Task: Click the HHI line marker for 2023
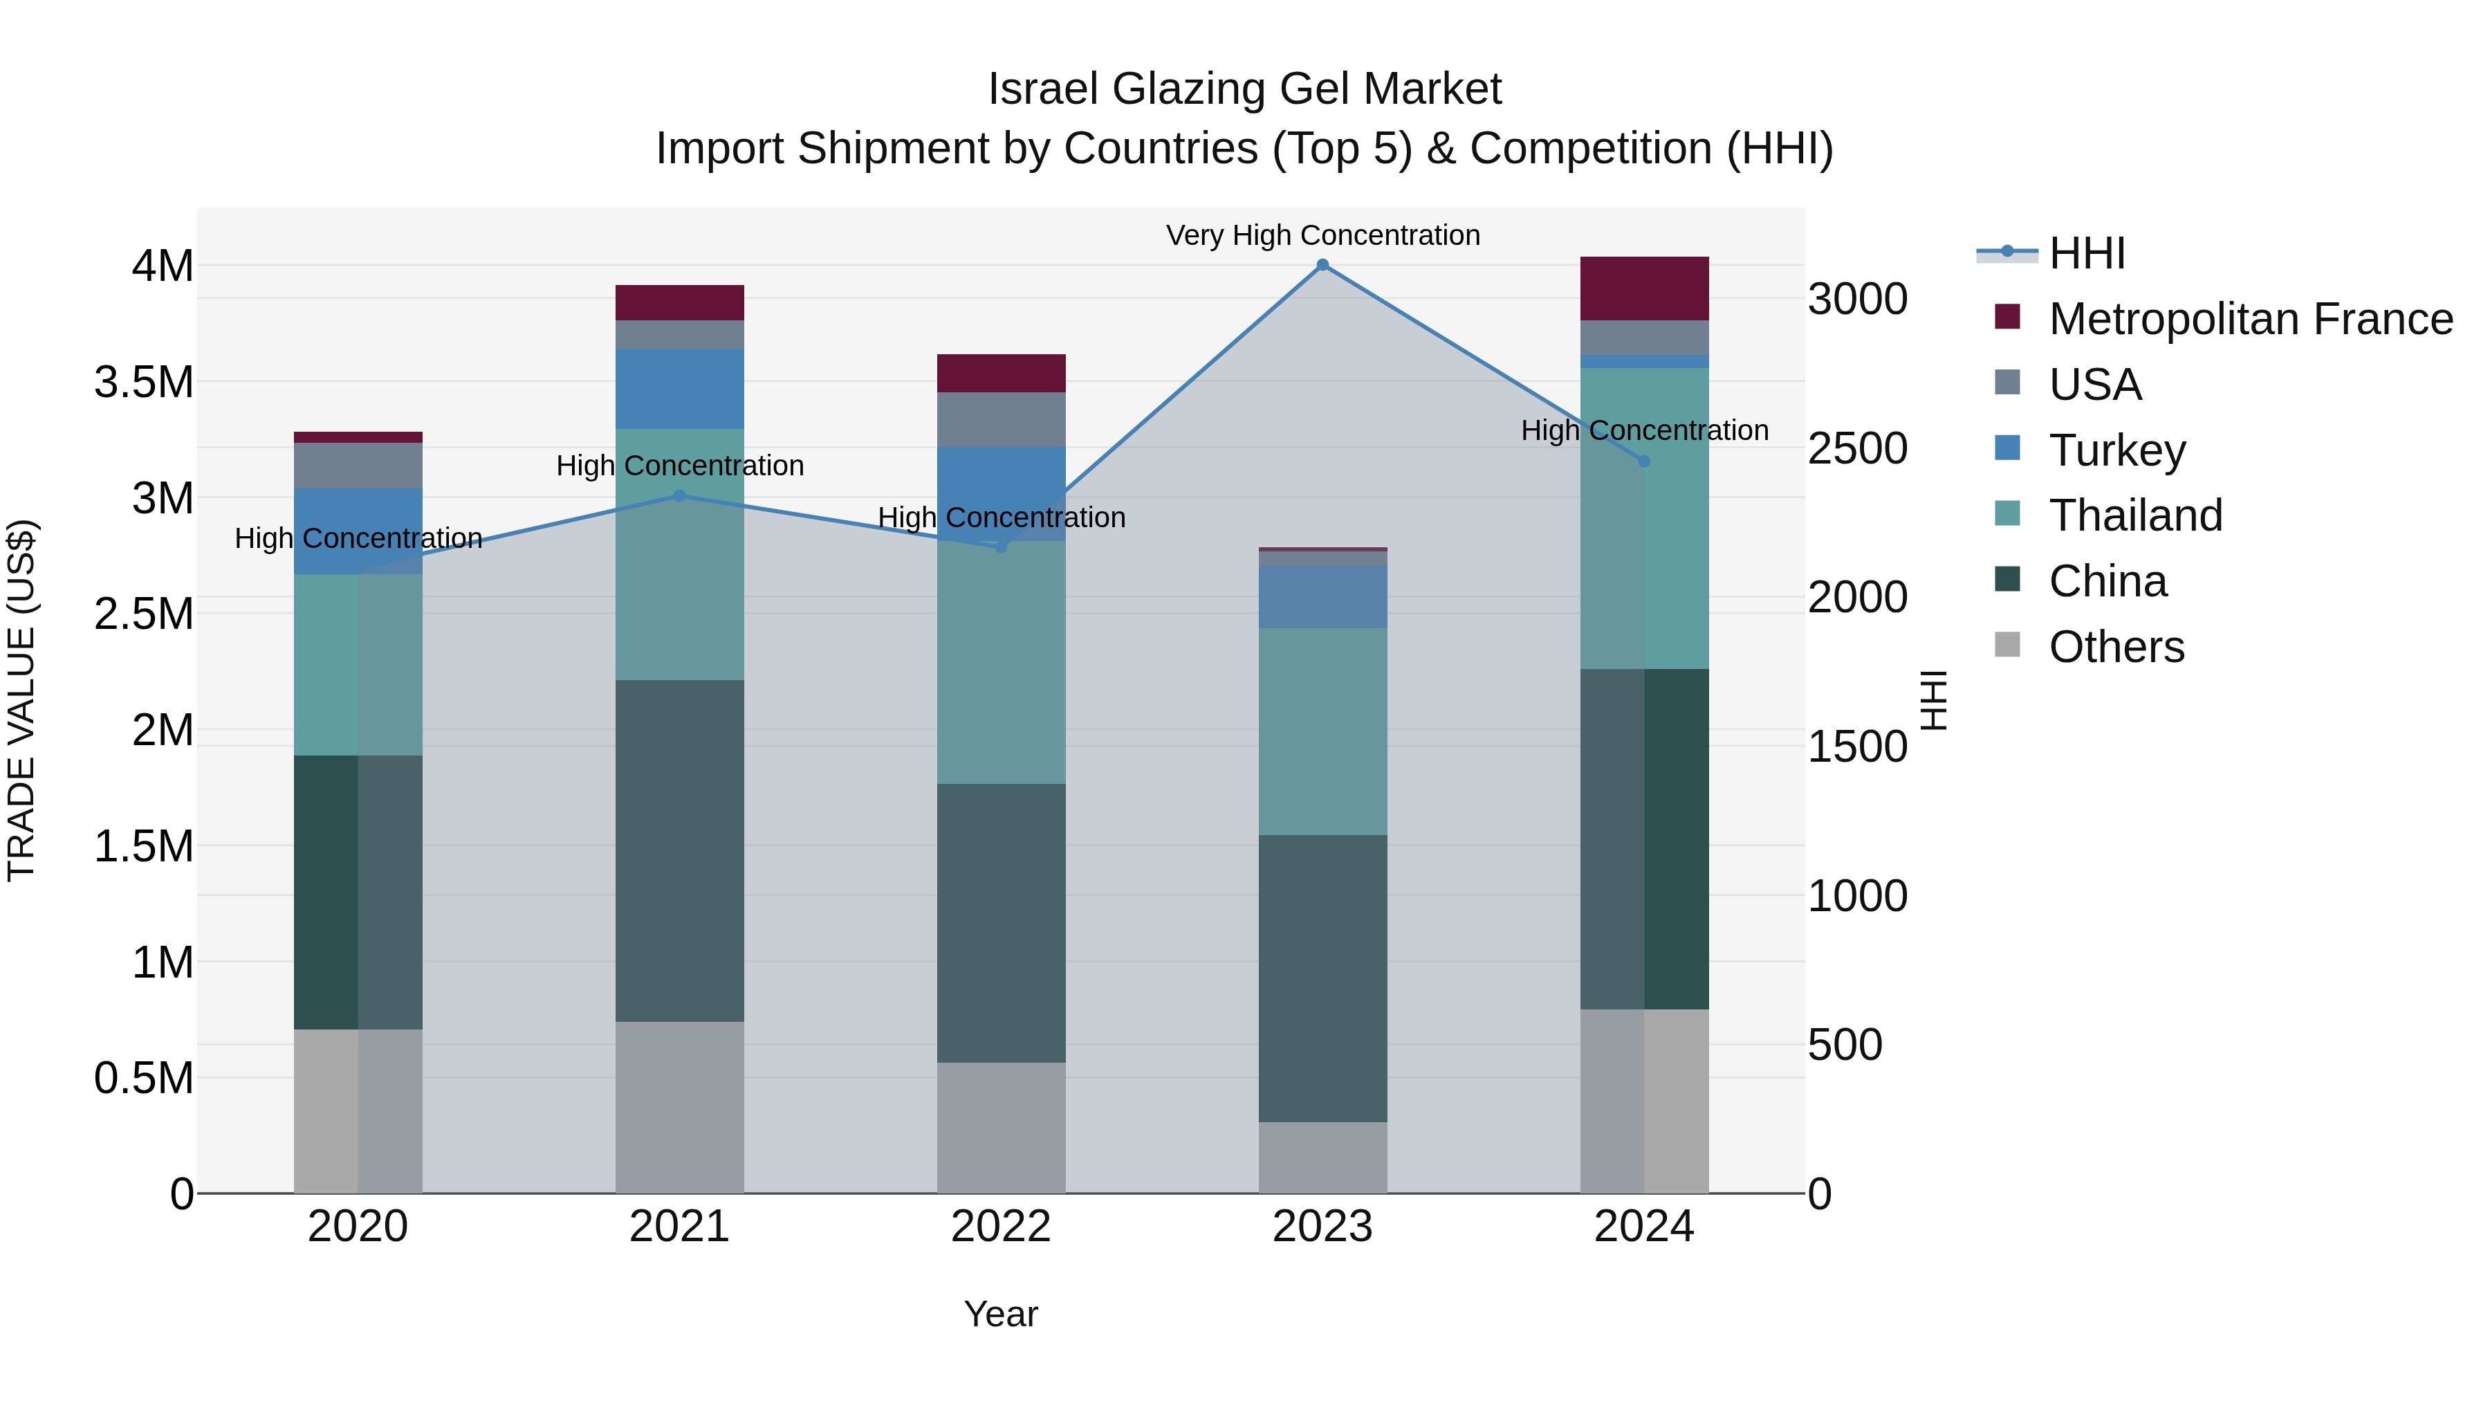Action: pos(1322,265)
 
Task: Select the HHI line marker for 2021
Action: pos(679,496)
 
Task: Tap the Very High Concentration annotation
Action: pos(1322,235)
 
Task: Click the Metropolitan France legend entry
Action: pos(2249,319)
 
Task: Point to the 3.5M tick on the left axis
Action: pos(144,383)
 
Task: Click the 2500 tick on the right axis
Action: pos(1857,448)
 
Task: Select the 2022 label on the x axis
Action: pos(1000,1227)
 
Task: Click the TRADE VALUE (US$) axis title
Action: pos(22,700)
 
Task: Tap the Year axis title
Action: pos(1000,1314)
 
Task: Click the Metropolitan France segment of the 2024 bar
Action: pos(1644,288)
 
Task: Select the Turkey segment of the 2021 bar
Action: pos(679,389)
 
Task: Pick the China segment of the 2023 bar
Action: pos(1322,978)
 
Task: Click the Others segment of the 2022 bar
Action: pos(1000,1128)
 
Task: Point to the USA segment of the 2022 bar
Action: pos(1000,420)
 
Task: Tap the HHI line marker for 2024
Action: pos(1644,461)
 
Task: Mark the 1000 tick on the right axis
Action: pos(1857,896)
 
